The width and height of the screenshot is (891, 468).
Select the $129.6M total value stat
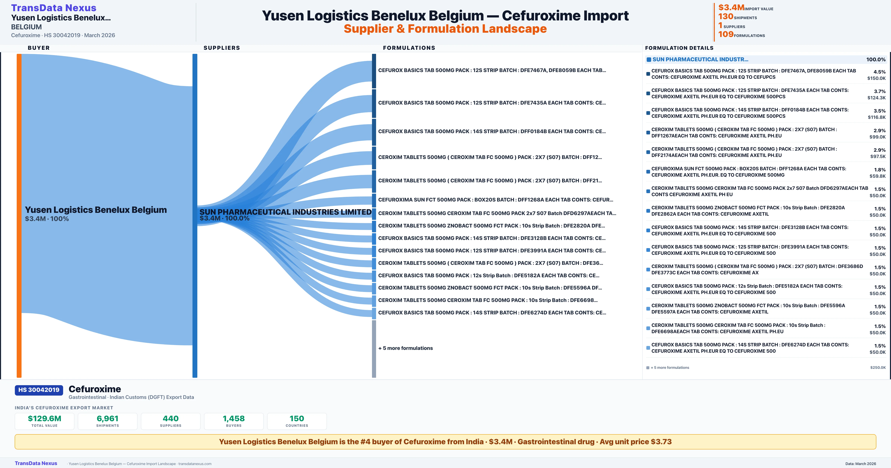point(44,419)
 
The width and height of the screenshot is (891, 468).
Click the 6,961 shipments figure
point(108,419)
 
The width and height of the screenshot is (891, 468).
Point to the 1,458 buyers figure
point(234,419)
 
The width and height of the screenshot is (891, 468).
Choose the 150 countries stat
point(297,419)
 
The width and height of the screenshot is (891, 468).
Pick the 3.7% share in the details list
point(880,91)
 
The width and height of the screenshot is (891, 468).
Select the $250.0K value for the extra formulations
point(878,368)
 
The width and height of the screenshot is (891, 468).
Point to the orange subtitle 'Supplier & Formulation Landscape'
point(445,29)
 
